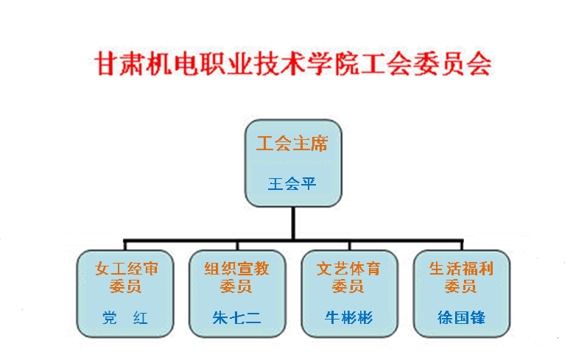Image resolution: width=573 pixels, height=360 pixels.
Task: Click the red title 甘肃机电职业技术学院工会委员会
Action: point(293,63)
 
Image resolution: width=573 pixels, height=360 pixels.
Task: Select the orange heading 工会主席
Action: point(292,144)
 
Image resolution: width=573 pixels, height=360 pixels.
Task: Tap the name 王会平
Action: point(292,183)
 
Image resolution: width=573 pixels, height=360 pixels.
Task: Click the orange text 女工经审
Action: point(127,269)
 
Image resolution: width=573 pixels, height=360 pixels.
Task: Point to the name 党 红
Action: point(125,318)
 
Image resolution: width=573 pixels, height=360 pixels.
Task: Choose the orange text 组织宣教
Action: point(237,269)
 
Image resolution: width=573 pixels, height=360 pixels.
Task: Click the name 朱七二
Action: point(237,317)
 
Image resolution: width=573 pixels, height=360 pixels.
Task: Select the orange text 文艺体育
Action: point(348,269)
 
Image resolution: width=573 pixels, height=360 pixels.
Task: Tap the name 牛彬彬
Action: point(348,317)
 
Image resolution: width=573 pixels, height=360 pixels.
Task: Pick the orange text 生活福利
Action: point(461,269)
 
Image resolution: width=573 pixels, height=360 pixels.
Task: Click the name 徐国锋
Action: point(461,317)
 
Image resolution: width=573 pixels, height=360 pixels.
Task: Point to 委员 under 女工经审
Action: point(125,286)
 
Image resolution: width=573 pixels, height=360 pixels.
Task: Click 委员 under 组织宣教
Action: point(236,286)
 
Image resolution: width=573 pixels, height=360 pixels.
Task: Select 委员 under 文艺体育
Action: point(348,286)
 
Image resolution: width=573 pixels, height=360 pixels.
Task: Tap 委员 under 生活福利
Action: point(460,286)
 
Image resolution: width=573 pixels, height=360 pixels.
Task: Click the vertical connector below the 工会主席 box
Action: point(293,223)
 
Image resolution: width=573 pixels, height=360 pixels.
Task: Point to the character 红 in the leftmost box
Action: point(141,318)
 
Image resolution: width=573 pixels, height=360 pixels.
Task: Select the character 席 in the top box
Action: point(320,144)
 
